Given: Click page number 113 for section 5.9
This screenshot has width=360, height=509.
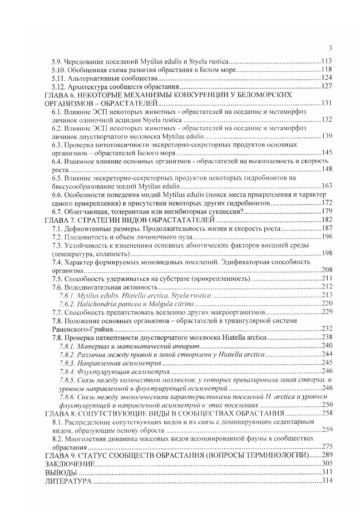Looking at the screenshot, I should (327, 61).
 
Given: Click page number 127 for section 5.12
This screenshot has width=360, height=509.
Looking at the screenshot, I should (327, 87).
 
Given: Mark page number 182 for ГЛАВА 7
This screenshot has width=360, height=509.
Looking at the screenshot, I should (327, 220).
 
